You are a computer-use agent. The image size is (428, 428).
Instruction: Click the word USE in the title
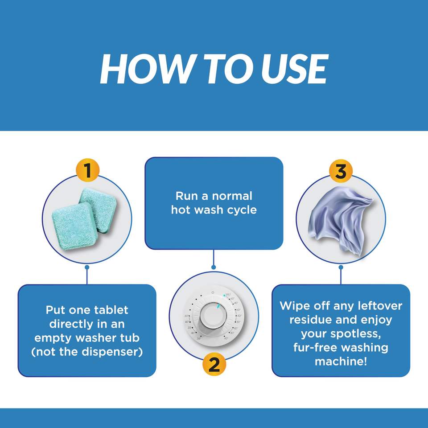[295, 69]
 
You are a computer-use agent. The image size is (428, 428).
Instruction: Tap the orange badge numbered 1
[87, 170]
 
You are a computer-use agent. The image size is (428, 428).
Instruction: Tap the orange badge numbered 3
[341, 171]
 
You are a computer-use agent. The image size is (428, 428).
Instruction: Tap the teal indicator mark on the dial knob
[218, 307]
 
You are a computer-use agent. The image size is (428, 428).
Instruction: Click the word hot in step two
[181, 210]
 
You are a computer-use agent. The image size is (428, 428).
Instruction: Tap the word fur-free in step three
[315, 347]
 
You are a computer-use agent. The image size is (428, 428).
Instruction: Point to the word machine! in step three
[341, 362]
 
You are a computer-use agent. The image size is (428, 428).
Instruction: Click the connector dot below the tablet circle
[87, 267]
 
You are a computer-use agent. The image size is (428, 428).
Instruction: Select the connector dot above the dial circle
[214, 267]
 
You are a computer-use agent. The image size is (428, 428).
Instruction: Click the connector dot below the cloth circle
[341, 267]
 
